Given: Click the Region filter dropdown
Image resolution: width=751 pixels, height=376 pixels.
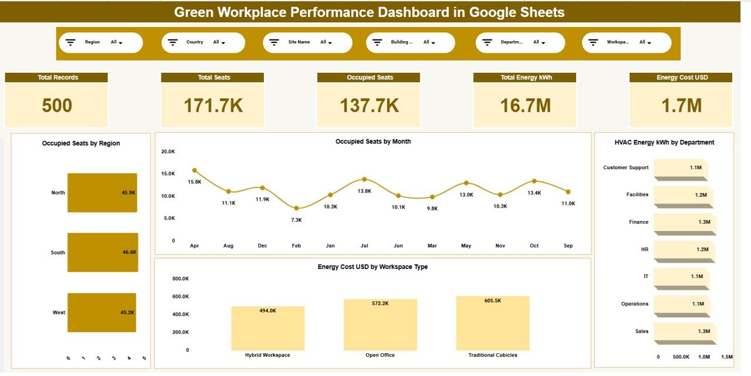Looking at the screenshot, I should [x=100, y=42].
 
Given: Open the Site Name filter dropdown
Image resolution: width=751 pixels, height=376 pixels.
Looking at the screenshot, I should [x=307, y=42].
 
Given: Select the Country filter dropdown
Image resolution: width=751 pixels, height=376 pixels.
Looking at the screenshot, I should [x=203, y=42].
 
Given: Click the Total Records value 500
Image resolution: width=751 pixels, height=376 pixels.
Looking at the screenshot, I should [x=56, y=106].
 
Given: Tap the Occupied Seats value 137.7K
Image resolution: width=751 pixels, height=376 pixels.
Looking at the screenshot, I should [x=369, y=106].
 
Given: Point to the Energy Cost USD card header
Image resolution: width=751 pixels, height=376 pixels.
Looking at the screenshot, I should [x=681, y=78].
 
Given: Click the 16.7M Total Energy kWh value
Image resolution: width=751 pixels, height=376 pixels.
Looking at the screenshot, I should [x=525, y=106].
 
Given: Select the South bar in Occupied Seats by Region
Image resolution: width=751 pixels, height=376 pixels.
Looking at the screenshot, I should [x=102, y=253].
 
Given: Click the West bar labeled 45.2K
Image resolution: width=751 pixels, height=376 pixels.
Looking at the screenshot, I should [x=102, y=313].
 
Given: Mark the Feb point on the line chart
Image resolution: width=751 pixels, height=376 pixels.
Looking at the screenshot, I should [x=296, y=208].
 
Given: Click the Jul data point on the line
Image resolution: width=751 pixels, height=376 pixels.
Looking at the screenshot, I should [x=364, y=179].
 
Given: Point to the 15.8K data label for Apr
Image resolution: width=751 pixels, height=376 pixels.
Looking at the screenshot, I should [x=195, y=182].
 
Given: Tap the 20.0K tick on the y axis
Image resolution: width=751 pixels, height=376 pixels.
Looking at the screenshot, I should [x=168, y=152].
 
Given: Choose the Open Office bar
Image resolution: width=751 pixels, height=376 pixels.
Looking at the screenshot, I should [x=380, y=325].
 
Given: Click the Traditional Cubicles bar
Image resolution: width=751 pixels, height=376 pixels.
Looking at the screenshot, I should [x=493, y=323].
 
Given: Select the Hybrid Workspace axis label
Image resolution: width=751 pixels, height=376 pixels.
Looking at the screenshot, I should [x=268, y=355].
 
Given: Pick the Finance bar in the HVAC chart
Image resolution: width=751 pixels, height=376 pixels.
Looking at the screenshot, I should [x=684, y=222].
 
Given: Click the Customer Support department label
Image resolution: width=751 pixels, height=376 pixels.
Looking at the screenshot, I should [x=625, y=167].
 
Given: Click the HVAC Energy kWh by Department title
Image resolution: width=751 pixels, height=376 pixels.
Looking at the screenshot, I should [x=664, y=142].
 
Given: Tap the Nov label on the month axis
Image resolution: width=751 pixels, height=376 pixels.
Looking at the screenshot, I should [x=500, y=246].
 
